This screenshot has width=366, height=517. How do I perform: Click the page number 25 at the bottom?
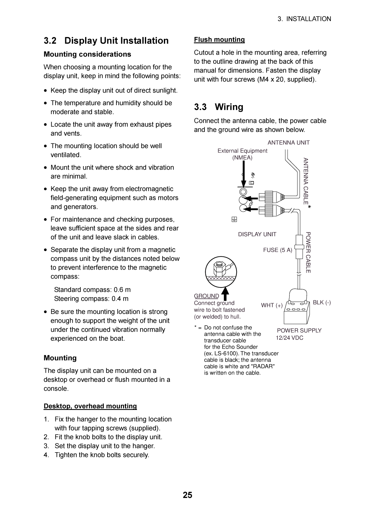[187, 495]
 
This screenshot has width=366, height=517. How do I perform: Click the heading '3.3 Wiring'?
[219, 107]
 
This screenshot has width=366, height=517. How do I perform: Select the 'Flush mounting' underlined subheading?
[219, 40]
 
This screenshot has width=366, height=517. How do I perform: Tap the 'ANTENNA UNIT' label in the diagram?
[288, 143]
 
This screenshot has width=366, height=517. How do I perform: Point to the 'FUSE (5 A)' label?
[277, 250]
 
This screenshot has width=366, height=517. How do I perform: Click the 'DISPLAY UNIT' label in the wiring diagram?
[257, 234]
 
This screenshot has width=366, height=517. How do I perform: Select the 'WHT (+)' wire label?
[272, 305]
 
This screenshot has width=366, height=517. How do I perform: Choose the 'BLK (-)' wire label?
[322, 303]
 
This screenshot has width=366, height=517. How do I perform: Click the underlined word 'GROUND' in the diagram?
[206, 296]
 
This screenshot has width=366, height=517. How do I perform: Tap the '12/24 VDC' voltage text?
[289, 338]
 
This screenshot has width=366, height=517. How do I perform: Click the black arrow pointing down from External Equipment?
[244, 174]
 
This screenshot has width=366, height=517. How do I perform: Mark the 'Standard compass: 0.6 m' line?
[92, 290]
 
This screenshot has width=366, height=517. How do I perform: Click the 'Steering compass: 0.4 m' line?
[91, 299]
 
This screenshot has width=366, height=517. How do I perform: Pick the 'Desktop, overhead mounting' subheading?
[90, 406]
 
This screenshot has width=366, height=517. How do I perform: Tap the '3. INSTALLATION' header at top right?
[304, 19]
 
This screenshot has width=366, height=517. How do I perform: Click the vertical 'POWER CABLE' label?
[308, 253]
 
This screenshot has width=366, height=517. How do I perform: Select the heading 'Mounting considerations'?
[87, 54]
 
